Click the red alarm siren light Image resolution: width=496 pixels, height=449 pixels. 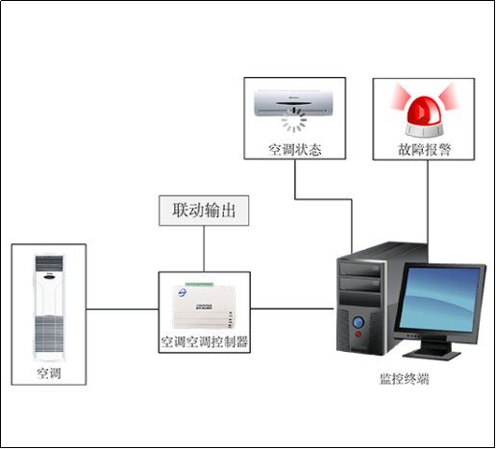tap(424, 111)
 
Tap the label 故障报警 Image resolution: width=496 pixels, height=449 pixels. tap(424, 150)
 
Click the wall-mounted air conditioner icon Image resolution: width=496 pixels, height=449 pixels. tap(294, 101)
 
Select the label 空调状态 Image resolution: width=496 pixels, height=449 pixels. tap(294, 150)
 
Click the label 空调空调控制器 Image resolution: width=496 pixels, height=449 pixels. tap(204, 341)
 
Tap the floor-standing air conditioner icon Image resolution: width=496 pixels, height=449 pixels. tap(49, 307)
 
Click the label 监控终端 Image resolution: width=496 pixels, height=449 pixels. tap(404, 379)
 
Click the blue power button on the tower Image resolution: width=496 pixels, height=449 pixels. tap(358, 322)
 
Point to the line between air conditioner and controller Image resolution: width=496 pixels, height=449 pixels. tap(122, 309)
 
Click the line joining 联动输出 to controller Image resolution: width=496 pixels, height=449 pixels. tap(203, 248)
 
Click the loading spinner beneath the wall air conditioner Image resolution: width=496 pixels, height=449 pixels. tap(294, 123)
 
